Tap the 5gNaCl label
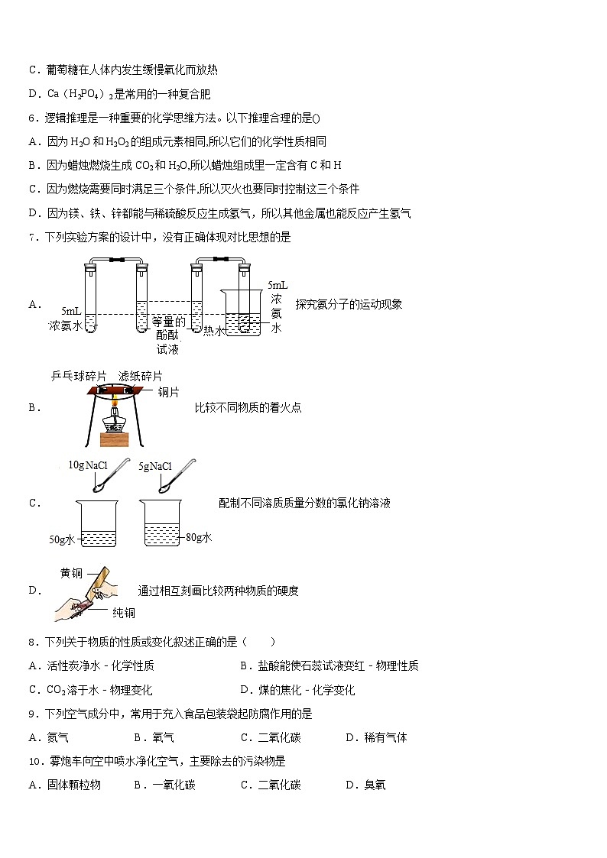point(155,465)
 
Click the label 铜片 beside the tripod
point(168,393)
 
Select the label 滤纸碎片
point(140,376)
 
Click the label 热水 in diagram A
point(213,331)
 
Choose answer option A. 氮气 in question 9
point(48,737)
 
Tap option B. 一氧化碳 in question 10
point(164,785)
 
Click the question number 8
point(33,642)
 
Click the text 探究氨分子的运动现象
point(349,304)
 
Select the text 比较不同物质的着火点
point(248,407)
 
